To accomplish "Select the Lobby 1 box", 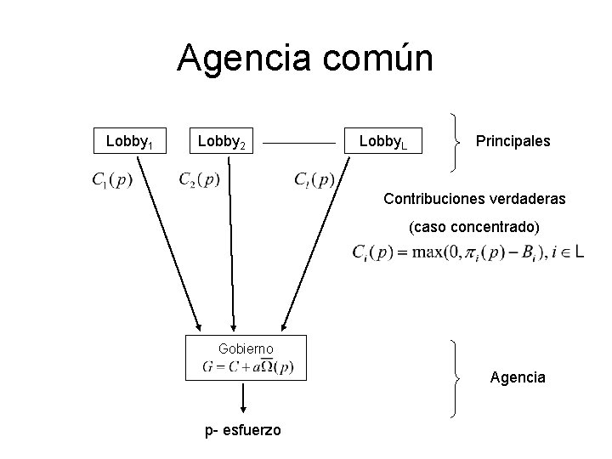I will pos(128,140).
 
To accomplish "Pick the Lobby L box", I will pos(383,141).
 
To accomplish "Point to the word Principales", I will pos(513,140).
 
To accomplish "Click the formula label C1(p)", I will pos(111,180).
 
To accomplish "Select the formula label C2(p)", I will pos(200,179).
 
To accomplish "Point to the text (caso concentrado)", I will pos(474,228).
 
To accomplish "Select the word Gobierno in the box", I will pos(245,348).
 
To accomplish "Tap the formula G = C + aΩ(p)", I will pos(248,367).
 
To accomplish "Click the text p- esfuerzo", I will pos(243,430).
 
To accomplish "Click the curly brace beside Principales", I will pos(458,140).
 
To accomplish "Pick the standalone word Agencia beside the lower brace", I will pos(518,377).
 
